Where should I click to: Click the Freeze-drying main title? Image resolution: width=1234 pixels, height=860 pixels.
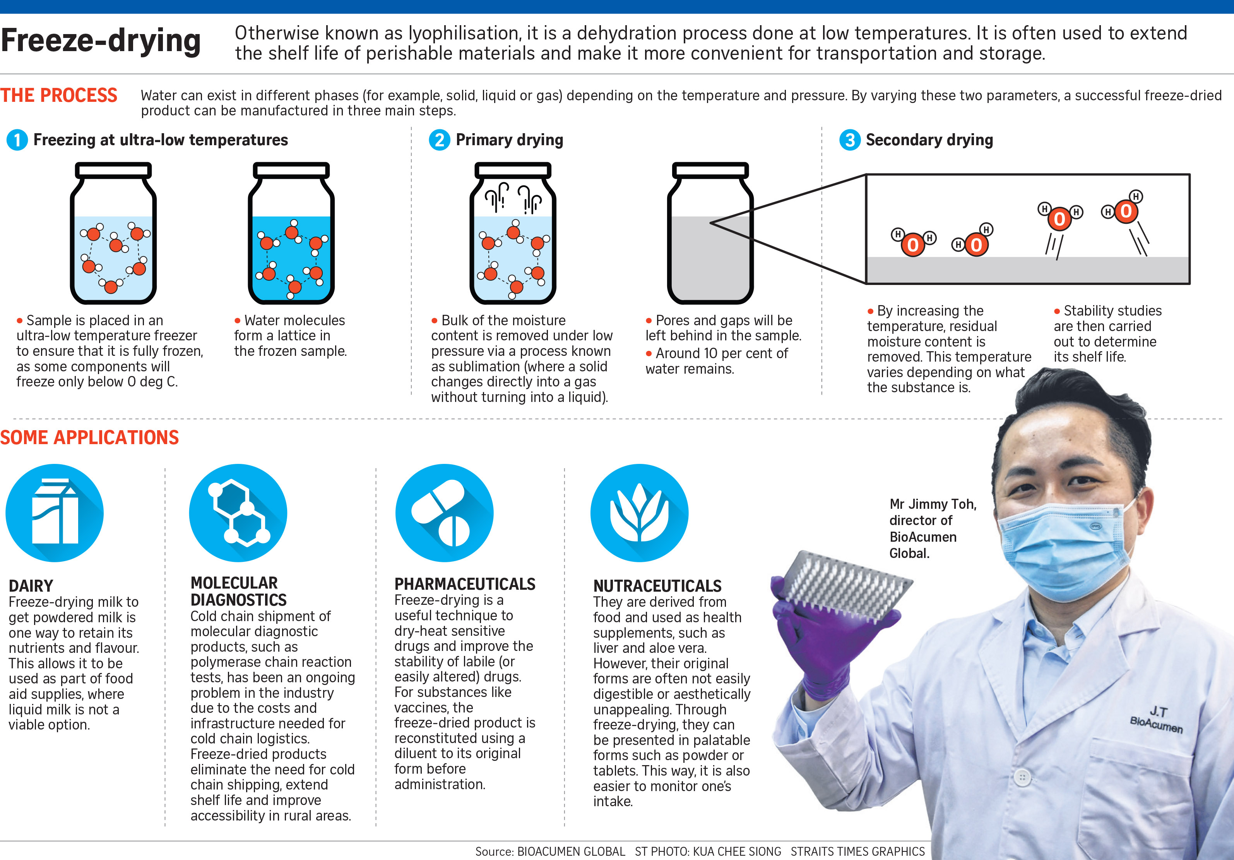click(x=101, y=41)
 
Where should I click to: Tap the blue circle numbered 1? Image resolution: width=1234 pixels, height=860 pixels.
click(x=17, y=140)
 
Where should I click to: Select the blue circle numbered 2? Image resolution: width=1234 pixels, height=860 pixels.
click(x=440, y=140)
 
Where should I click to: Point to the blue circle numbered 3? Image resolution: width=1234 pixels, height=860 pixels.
click(x=850, y=140)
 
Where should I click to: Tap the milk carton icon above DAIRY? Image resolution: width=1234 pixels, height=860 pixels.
click(x=54, y=513)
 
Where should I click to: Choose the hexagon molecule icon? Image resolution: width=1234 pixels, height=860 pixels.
click(x=238, y=513)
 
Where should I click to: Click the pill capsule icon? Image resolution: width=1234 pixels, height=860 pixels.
click(x=445, y=513)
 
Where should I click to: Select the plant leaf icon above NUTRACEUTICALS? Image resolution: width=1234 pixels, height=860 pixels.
click(x=640, y=513)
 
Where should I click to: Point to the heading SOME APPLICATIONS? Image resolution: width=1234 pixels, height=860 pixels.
click(x=89, y=437)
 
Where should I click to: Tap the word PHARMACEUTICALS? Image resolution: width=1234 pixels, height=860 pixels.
click(x=465, y=584)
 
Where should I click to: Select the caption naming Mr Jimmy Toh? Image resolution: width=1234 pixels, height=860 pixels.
click(x=933, y=528)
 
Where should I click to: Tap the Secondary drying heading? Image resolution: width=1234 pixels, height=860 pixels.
click(x=929, y=140)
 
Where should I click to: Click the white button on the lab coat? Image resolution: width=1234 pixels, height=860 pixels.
click(x=1022, y=777)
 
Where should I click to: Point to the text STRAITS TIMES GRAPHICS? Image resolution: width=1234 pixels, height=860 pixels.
click(x=858, y=851)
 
